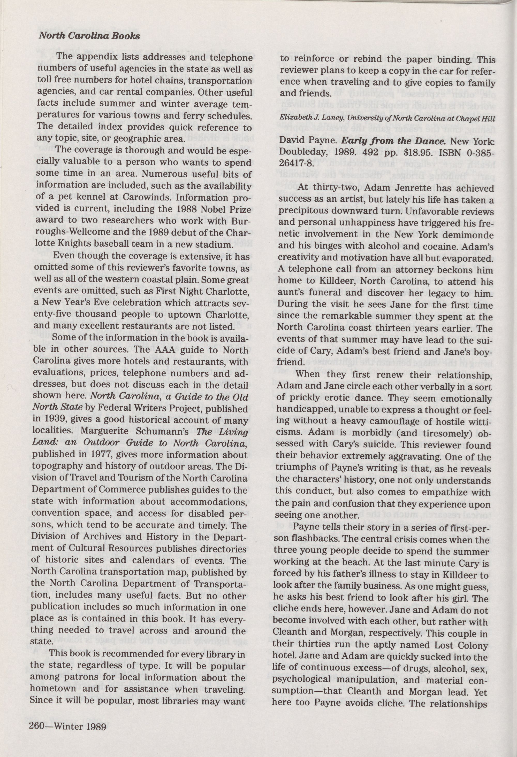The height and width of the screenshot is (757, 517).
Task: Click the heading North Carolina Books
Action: [89, 36]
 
